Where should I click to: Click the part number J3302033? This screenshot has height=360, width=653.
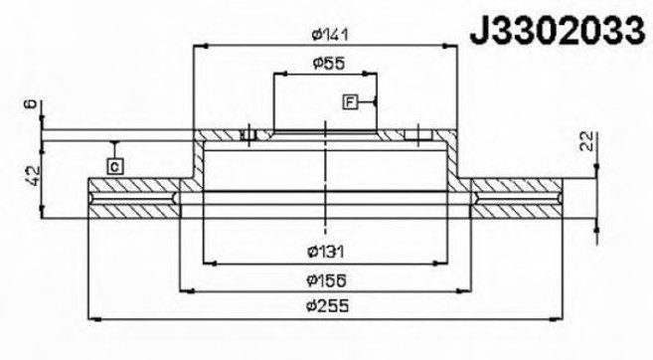coord(558,31)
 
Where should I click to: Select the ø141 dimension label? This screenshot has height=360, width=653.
coord(330,34)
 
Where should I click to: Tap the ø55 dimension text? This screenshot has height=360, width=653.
coord(329,64)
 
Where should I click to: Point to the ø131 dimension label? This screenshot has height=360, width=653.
coord(325,252)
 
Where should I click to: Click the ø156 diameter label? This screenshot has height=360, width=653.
coord(326,280)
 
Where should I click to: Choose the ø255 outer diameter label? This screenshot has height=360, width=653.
coord(327,306)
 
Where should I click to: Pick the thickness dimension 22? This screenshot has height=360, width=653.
coord(587,141)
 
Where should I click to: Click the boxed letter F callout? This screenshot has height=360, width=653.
coord(350,101)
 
